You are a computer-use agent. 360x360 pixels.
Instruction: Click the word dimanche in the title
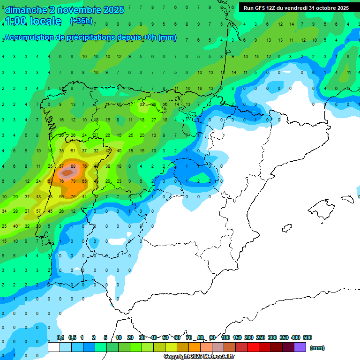26,10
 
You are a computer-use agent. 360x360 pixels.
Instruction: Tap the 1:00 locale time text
33,21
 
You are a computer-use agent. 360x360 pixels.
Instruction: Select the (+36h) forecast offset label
81,21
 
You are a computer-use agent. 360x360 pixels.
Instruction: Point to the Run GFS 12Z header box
296,8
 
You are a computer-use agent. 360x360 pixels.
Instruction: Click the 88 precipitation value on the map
73,166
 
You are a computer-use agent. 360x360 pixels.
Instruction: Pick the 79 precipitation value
73,181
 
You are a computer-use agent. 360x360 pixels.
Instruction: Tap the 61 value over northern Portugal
73,151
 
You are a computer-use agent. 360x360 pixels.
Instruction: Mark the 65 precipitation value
84,181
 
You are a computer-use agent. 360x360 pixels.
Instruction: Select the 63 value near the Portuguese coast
50,181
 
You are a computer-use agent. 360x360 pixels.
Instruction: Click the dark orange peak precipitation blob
68,173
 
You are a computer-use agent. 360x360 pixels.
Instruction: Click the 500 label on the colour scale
307,337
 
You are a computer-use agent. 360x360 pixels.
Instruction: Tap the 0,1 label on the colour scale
60,337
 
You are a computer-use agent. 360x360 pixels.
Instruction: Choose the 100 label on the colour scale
225,337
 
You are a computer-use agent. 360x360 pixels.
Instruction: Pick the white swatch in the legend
54,347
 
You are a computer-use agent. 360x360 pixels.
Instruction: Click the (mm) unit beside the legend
317,348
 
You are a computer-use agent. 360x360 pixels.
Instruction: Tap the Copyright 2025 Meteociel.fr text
199,357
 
